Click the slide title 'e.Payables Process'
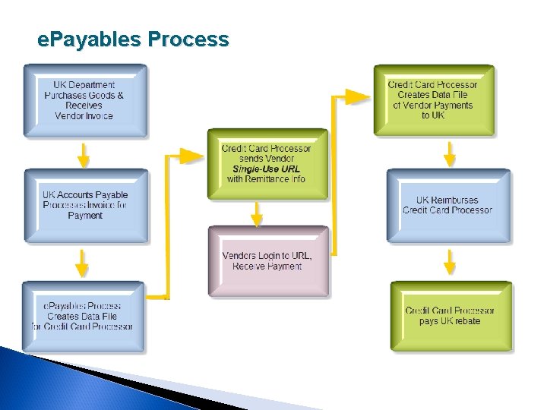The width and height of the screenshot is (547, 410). tap(133, 39)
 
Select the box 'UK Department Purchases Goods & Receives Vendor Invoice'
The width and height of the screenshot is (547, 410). tap(84, 101)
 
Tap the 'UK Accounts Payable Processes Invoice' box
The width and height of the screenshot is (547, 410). tap(85, 206)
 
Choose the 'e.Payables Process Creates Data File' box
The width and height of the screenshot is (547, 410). tap(84, 316)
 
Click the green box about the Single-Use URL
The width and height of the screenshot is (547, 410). tap(267, 164)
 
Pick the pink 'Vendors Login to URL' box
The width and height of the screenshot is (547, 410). tap(267, 261)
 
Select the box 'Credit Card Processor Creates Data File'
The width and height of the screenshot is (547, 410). tap(433, 100)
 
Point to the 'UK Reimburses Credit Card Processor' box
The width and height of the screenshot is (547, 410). tap(448, 206)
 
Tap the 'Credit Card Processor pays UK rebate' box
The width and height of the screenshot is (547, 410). tap(451, 316)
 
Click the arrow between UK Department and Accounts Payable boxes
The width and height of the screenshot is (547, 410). tap(84, 154)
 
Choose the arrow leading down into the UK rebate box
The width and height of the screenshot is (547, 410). tap(450, 263)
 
